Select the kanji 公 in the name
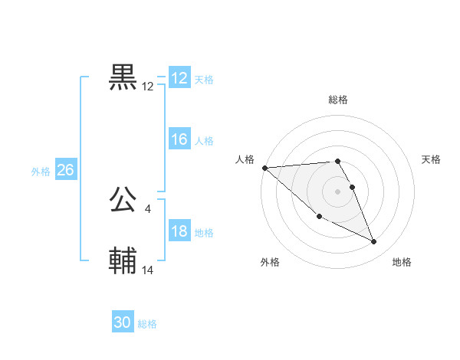(123, 200)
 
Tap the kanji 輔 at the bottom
(123, 261)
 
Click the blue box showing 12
(179, 78)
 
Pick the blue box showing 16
(179, 139)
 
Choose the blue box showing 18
(179, 231)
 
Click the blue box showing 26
(65, 170)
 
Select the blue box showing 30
(123, 322)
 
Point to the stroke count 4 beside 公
(147, 208)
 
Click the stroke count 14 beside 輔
(148, 270)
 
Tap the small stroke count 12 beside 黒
(148, 87)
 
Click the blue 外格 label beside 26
(41, 172)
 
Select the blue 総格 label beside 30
(147, 324)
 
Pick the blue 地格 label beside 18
(204, 233)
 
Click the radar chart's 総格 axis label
(338, 100)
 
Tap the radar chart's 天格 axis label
(432, 159)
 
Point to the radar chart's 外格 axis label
(269, 263)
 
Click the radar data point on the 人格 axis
(264, 168)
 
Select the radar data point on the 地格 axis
(374, 242)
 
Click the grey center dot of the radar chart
(338, 191)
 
